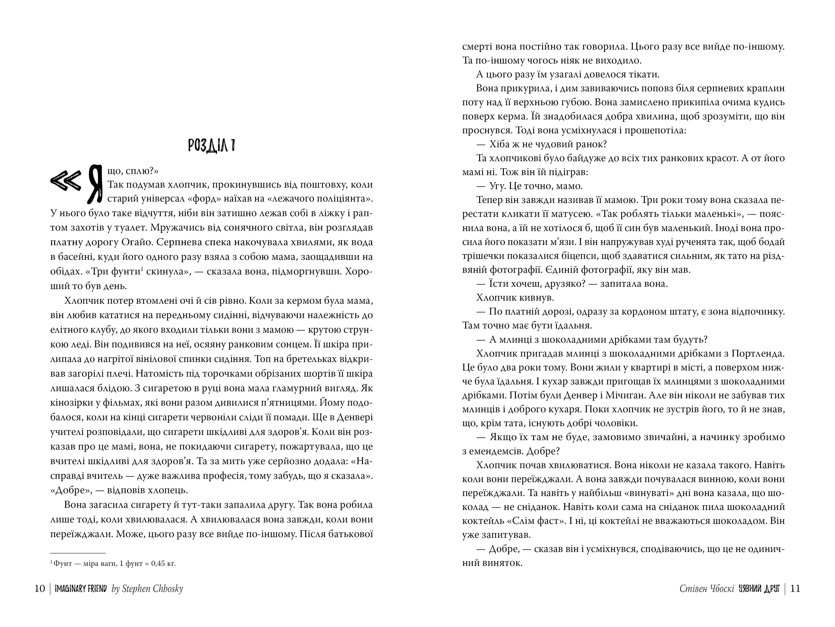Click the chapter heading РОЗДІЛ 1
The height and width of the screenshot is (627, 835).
point(212,146)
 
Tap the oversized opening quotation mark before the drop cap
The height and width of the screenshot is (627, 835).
point(66,181)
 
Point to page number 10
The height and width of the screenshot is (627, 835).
point(40,589)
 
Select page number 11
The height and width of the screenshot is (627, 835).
point(795,589)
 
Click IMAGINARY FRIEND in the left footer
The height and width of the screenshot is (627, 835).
point(81,589)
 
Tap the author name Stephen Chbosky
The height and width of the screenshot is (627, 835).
point(148,589)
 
